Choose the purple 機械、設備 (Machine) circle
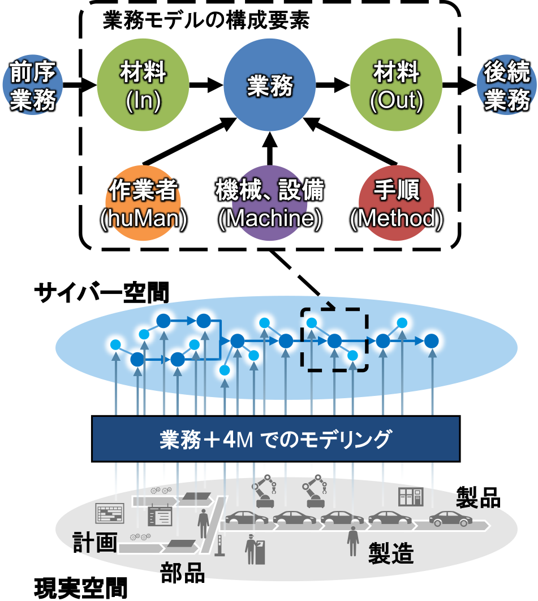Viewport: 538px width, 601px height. pyautogui.click(x=269, y=204)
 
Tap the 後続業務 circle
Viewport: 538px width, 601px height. pyautogui.click(x=507, y=88)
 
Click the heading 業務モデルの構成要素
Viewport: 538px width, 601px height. pyautogui.click(x=206, y=21)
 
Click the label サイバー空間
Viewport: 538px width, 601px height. pyautogui.click(x=101, y=293)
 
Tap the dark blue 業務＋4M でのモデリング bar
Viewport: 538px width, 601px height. pyautogui.click(x=275, y=438)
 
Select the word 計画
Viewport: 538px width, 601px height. pyautogui.click(x=95, y=542)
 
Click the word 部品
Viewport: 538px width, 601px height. pyautogui.click(x=182, y=573)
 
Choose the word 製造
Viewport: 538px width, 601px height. pyautogui.click(x=391, y=552)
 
